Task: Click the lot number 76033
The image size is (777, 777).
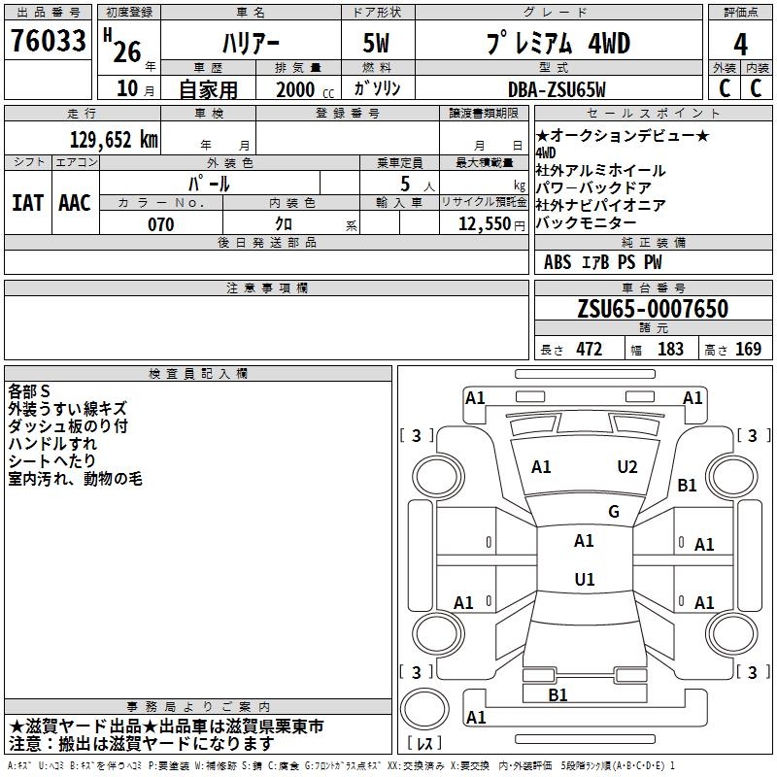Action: click(49, 40)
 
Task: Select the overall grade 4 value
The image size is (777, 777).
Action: click(740, 45)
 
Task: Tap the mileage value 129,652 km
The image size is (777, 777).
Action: click(114, 140)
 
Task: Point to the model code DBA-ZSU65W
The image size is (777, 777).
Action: click(557, 89)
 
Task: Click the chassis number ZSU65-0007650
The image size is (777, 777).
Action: click(653, 309)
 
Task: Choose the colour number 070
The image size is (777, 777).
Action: click(161, 224)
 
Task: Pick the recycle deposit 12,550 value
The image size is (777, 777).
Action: click(485, 224)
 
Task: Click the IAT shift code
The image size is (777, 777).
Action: click(28, 203)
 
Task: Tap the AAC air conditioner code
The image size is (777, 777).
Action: click(75, 203)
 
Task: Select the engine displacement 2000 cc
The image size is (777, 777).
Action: click(305, 89)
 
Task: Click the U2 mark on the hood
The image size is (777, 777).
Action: click(626, 467)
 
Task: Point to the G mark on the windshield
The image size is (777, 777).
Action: click(614, 512)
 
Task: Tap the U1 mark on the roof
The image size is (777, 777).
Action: click(585, 579)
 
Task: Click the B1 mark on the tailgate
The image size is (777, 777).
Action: click(557, 694)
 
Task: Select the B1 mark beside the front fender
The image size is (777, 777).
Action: click(687, 485)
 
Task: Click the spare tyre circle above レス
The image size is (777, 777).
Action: click(424, 709)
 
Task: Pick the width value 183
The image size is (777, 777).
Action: click(670, 349)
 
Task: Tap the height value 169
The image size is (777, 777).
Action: click(748, 349)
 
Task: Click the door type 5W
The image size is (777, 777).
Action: click(376, 43)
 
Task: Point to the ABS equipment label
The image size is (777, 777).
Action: click(557, 262)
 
